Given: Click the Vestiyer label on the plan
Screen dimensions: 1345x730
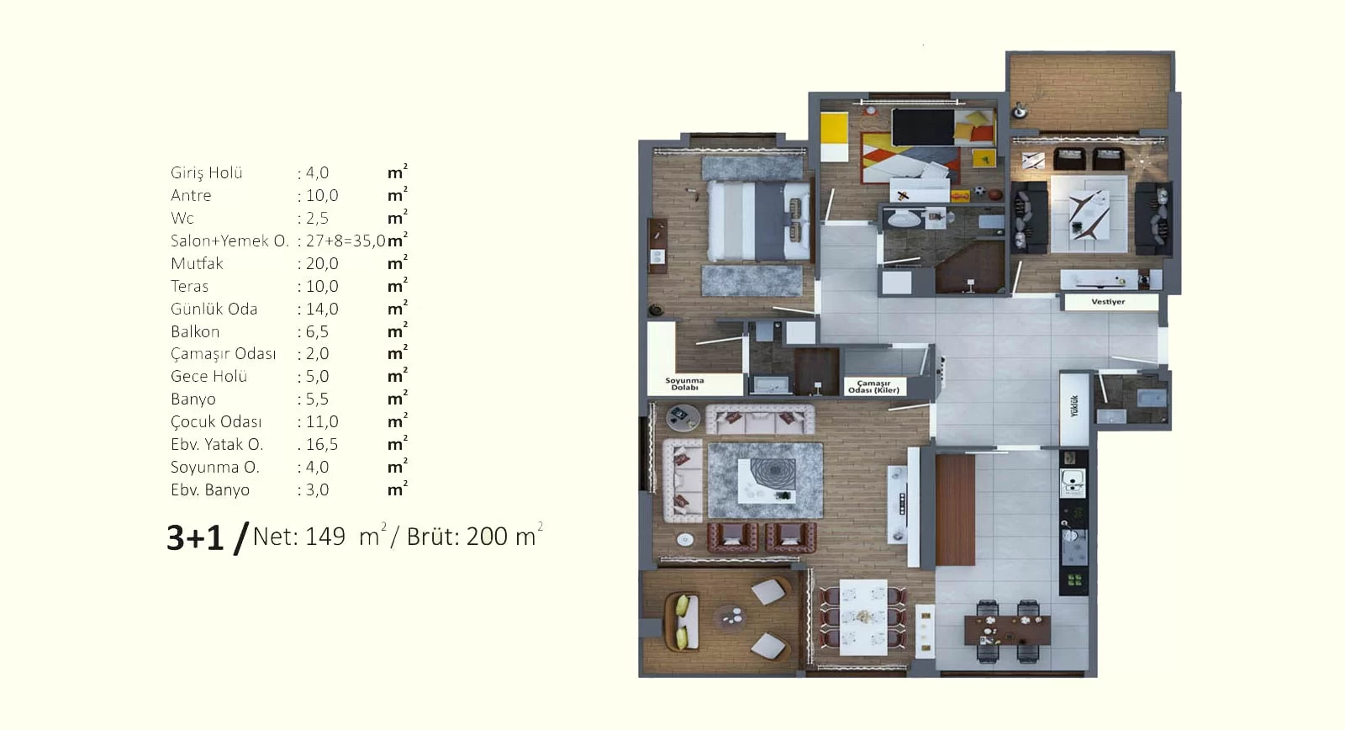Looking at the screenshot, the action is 1108,302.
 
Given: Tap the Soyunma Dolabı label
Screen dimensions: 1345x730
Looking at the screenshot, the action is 684,384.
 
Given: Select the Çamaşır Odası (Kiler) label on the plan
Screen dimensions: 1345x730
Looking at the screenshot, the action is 873,386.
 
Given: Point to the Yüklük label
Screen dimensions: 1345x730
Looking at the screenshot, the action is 1074,405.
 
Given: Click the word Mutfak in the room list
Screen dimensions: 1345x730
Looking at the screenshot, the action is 197,264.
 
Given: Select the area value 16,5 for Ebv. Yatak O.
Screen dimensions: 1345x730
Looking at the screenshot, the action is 322,445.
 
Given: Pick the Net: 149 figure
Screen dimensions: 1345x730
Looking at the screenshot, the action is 299,537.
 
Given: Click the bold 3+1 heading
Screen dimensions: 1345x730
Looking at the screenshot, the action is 195,537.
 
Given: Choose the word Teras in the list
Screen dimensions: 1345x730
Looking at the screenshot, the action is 189,286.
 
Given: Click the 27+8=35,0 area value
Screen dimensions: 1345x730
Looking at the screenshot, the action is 345,241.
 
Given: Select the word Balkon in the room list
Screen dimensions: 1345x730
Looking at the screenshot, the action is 194,331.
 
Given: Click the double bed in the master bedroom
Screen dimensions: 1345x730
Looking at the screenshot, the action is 758,221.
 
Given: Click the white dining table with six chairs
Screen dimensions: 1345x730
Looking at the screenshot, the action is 862,617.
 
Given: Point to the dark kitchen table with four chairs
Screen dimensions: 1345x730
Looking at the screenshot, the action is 1008,630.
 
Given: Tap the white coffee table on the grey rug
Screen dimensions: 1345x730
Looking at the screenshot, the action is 767,481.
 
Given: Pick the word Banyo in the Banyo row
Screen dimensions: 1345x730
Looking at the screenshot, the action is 193,399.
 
